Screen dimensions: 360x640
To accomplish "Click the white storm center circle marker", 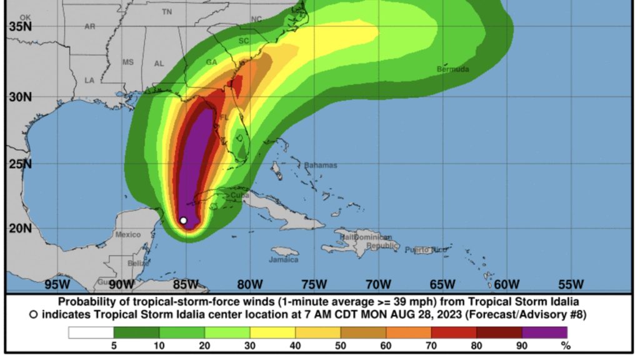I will (x=183, y=220).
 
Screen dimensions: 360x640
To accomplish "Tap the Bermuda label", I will (x=453, y=69).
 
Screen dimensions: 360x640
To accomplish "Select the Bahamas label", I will (x=321, y=165).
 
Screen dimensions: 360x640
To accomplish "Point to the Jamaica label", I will (x=284, y=259).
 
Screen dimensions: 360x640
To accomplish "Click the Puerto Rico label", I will (x=426, y=250).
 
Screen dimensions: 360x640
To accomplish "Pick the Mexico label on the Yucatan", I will (x=127, y=234).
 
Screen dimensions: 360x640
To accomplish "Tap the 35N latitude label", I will (x=21, y=27).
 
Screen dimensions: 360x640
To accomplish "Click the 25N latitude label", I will (x=21, y=164).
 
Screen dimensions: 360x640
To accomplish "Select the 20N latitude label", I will (x=21, y=227).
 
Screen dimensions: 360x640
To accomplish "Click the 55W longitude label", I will (x=571, y=284).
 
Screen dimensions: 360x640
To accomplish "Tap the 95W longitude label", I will (x=57, y=284).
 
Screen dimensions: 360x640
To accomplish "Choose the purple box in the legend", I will (x=544, y=332).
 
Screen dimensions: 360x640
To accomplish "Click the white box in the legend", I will (x=91, y=332).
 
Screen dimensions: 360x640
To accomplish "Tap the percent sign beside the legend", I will (x=566, y=345).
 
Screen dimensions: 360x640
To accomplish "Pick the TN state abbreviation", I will (x=167, y=12).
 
